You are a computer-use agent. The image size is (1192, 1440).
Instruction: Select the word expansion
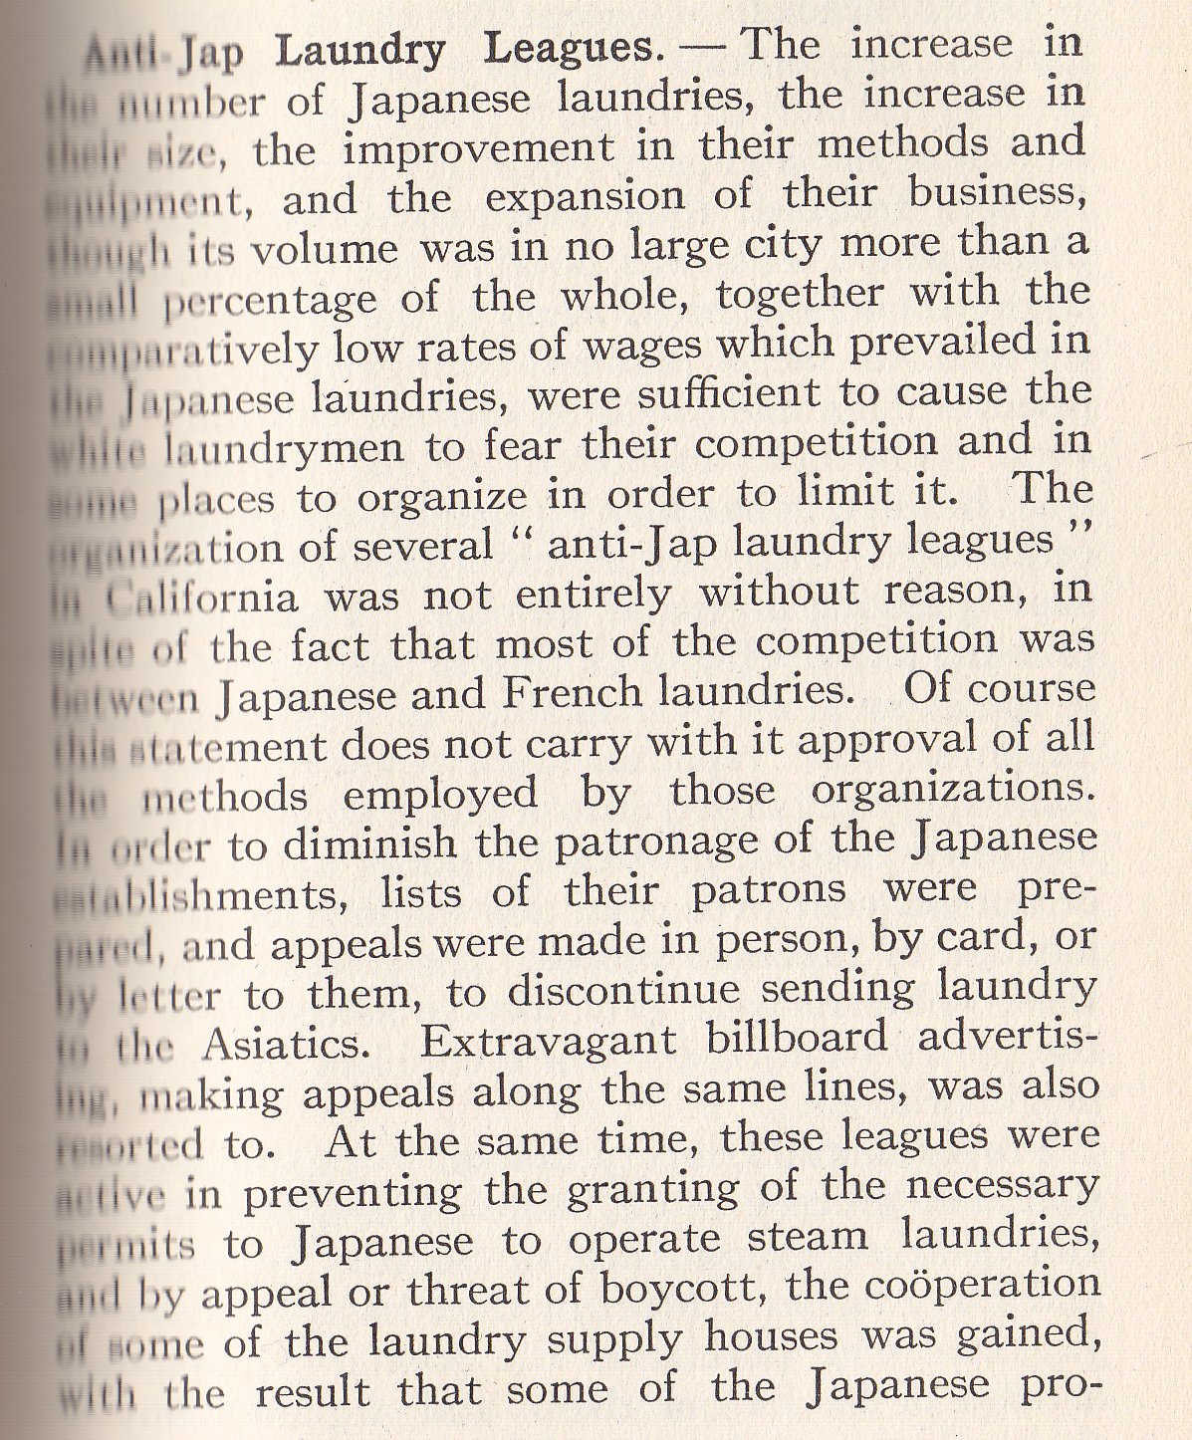586,197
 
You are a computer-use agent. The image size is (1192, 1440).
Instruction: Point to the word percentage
256,300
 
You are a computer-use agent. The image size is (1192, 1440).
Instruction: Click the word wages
641,347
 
